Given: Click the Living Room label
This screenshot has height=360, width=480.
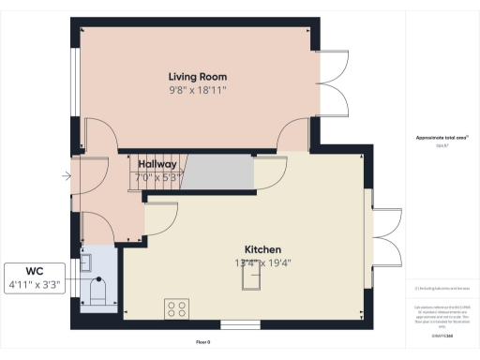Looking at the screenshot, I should [x=197, y=76].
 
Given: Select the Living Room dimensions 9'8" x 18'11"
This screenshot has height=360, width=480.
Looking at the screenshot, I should [x=197, y=90].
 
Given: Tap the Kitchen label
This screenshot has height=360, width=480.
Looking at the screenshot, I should [x=263, y=249].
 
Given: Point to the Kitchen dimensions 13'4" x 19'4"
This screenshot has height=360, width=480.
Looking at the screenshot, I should [x=263, y=262].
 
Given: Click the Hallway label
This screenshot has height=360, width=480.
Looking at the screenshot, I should [x=157, y=164].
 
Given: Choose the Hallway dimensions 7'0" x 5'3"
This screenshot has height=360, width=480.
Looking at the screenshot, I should [x=157, y=176].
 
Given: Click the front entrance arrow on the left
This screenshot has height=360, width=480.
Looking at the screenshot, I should [x=66, y=175].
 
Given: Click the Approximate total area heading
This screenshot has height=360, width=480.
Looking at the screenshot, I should [x=441, y=138].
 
